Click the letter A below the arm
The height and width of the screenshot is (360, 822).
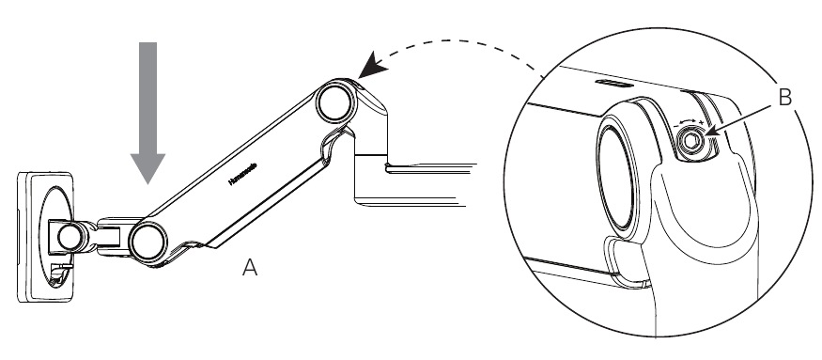(249, 268)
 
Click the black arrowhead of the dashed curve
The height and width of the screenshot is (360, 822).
(370, 68)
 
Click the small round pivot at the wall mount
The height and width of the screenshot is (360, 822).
(68, 237)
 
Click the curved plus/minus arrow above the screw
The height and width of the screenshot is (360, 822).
(690, 120)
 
